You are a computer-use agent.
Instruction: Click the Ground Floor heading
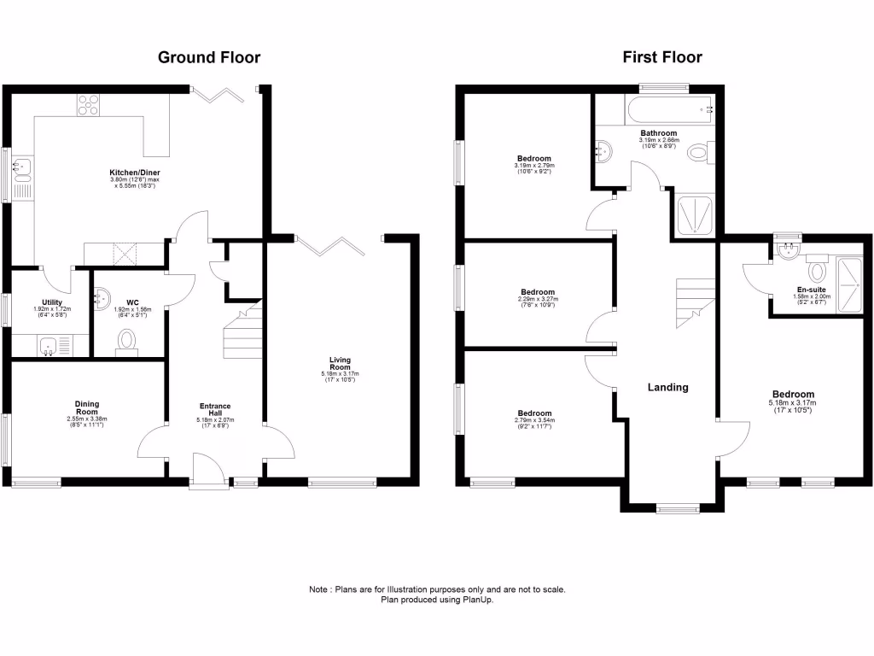[209, 58]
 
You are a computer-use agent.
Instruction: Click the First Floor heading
[662, 58]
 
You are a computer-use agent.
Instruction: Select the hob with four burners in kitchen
[89, 104]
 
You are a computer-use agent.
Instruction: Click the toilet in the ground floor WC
[128, 340]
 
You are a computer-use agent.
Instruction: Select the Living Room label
[341, 365]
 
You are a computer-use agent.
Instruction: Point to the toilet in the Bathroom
[699, 153]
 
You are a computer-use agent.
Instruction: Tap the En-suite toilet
[819, 271]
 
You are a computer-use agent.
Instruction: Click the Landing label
[667, 387]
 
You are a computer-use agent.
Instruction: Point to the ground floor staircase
[242, 333]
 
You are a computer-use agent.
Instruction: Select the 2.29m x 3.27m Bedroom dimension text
[538, 300]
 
